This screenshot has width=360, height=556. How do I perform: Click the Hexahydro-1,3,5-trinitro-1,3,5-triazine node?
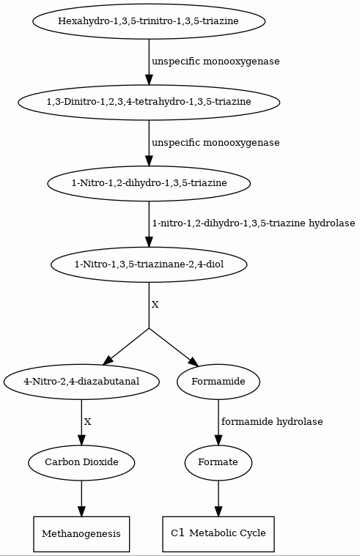(x=149, y=21)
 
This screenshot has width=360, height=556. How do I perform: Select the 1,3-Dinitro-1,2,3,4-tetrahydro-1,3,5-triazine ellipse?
(x=149, y=102)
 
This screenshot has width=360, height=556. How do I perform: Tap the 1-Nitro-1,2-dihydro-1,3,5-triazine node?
(x=149, y=183)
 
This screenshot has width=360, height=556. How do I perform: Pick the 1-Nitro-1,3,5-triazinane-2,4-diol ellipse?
(x=149, y=264)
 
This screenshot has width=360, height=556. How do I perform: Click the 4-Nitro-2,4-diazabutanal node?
(x=81, y=382)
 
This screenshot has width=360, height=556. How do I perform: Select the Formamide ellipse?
(x=218, y=382)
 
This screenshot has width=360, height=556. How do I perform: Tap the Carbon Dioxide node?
(x=81, y=462)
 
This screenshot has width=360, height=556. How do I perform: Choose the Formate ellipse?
(x=218, y=462)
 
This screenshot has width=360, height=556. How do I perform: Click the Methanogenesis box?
(x=81, y=534)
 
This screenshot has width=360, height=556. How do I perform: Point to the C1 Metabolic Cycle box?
(x=218, y=534)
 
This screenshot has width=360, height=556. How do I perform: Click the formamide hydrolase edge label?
(x=272, y=422)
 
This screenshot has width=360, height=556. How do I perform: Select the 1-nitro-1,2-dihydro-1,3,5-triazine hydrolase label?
(x=254, y=223)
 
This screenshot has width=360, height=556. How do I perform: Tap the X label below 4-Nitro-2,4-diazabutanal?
(x=88, y=422)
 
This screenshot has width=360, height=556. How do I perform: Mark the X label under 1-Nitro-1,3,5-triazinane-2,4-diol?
(x=155, y=305)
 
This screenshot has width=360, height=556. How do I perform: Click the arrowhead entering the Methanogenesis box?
(x=81, y=511)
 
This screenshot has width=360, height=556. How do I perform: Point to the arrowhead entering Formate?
(x=218, y=440)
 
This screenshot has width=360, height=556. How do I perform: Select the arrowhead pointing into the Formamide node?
(x=194, y=363)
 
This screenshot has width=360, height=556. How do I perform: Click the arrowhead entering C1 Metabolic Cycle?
(x=218, y=511)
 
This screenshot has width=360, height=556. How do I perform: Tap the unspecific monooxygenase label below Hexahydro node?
(x=216, y=62)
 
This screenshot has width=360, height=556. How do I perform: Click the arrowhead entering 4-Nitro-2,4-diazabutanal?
(x=108, y=360)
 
